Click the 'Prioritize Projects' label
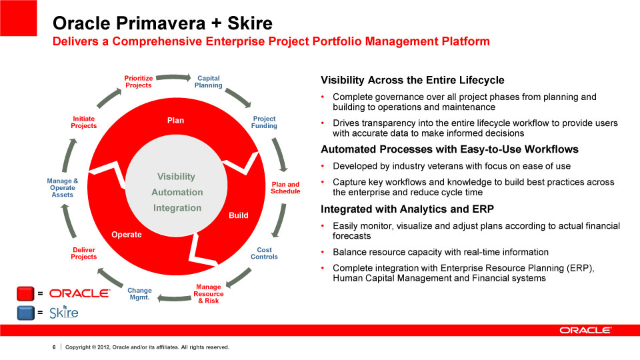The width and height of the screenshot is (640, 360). pyautogui.click(x=139, y=81)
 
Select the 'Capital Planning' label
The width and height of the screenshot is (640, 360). pyautogui.click(x=208, y=81)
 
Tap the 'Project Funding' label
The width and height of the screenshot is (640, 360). pyautogui.click(x=264, y=122)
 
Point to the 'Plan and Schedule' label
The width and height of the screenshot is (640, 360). pyautogui.click(x=285, y=188)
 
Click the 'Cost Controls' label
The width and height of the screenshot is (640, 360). pyautogui.click(x=264, y=253)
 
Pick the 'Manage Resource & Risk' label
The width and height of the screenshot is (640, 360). pyautogui.click(x=209, y=294)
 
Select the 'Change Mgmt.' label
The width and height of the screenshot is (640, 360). pyautogui.click(x=139, y=294)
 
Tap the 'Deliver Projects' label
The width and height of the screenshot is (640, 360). pyautogui.click(x=84, y=253)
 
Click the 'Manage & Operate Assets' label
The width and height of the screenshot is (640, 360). pyautogui.click(x=63, y=188)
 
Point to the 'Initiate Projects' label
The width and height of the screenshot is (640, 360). pyautogui.click(x=84, y=122)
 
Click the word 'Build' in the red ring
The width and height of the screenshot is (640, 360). pyautogui.click(x=239, y=215)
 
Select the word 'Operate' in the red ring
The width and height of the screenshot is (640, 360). pyautogui.click(x=127, y=235)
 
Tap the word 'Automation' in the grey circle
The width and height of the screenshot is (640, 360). pyautogui.click(x=177, y=192)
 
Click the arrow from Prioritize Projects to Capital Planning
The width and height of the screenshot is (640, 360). pyautogui.click(x=173, y=77)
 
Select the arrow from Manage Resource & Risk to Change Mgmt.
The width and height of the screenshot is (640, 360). pyautogui.click(x=174, y=299)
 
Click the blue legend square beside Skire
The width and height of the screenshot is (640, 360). pyautogui.click(x=26, y=313)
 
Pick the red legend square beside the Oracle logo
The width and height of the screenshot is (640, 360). pyautogui.click(x=25, y=293)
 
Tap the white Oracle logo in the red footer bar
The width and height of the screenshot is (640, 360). pyautogui.click(x=586, y=330)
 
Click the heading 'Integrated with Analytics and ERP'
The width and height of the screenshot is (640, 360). pyautogui.click(x=407, y=209)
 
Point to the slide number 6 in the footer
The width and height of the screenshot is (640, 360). pyautogui.click(x=54, y=347)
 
